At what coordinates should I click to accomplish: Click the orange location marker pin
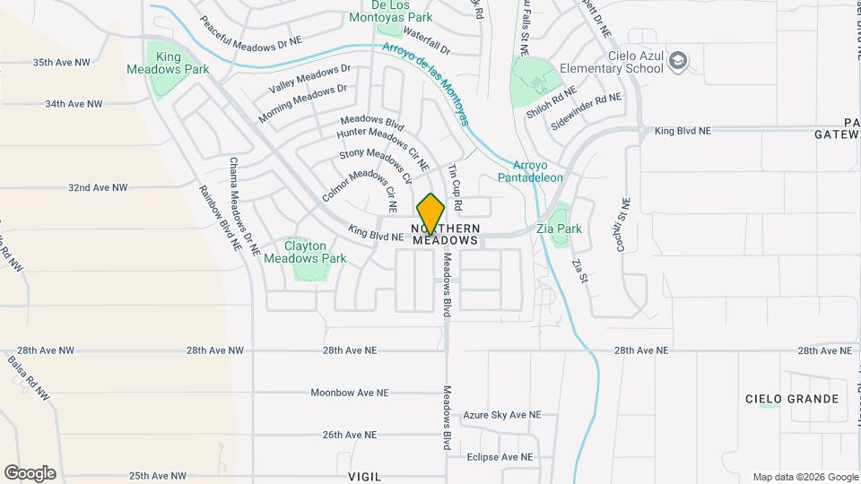click(x=430, y=213)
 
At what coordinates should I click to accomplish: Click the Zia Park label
click(x=559, y=229)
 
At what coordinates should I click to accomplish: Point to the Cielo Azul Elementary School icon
click(x=680, y=60)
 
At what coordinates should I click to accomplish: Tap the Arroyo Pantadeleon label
click(x=538, y=171)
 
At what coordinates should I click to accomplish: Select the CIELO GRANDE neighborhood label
click(x=792, y=399)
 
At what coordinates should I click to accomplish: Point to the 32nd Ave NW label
click(x=98, y=188)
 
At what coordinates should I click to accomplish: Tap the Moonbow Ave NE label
click(x=350, y=393)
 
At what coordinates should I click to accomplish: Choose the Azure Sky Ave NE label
click(x=502, y=415)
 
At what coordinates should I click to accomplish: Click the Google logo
click(x=30, y=472)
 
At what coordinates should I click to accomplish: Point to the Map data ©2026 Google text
click(x=804, y=477)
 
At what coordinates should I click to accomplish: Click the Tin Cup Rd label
click(x=455, y=187)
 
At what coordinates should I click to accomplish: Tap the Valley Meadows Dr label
click(x=309, y=78)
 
